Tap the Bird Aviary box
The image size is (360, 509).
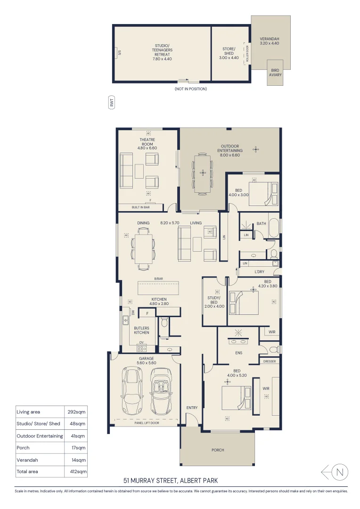[275, 73]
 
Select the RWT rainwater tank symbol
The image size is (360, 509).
[112, 103]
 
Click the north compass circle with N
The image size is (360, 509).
[341, 471]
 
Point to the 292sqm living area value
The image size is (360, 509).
[75, 411]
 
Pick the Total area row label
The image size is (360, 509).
[27, 471]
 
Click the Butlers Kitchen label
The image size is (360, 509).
[141, 330]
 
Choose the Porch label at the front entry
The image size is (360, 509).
[218, 450]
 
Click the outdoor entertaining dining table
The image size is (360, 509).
[203, 172]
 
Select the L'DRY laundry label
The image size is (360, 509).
[259, 272]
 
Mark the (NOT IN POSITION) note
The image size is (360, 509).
[190, 89]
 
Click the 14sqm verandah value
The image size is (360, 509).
[75, 460]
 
